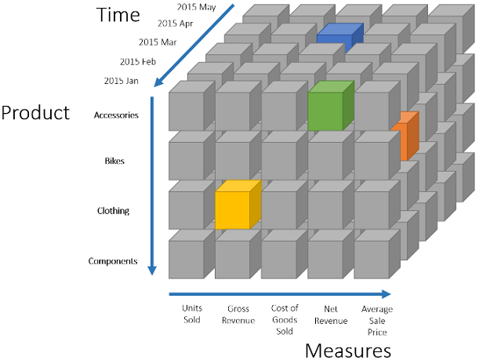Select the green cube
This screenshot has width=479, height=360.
[325, 111]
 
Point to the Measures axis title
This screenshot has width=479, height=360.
[347, 349]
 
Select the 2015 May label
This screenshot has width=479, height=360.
[195, 7]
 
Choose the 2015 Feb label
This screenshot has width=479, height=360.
[139, 61]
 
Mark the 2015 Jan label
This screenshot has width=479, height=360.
[122, 80]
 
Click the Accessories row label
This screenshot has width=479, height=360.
[116, 115]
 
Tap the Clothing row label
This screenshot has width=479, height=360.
[114, 211]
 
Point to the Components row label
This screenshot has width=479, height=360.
[113, 261]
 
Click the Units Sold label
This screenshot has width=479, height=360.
[192, 314]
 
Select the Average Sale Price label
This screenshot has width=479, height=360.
[377, 320]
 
